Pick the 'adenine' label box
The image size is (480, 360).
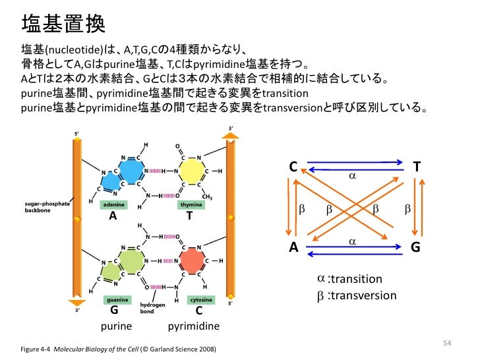pyautogui.click(x=113, y=205)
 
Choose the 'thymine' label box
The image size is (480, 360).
pyautogui.click(x=191, y=205)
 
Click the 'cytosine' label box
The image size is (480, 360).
pyautogui.click(x=201, y=299)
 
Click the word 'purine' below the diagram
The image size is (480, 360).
pyautogui.click(x=117, y=326)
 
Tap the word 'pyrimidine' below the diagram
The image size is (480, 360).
pyautogui.click(x=194, y=326)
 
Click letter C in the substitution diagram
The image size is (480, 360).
pyautogui.click(x=293, y=167)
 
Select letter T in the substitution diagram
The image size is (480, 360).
pyautogui.click(x=416, y=167)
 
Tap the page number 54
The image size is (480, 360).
pyautogui.click(x=446, y=342)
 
